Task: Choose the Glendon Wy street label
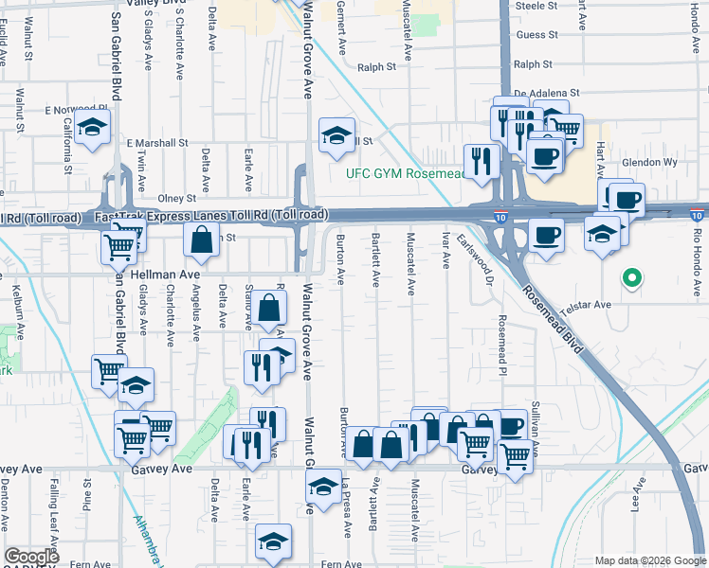652,162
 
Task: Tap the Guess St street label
536,35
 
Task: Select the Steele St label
536,6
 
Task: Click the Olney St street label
176,199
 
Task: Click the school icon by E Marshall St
336,135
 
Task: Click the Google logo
32,557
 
